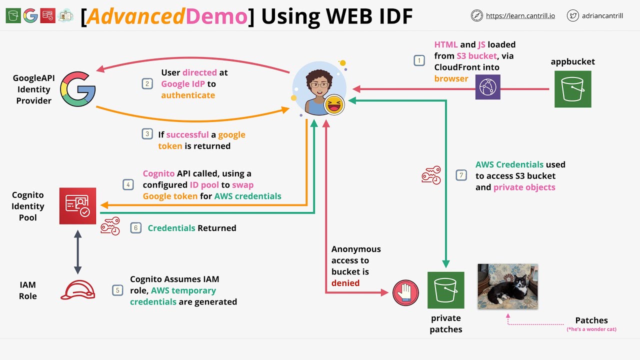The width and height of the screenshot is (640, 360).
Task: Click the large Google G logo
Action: pyautogui.click(x=78, y=89)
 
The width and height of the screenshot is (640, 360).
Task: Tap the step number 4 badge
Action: pyautogui.click(x=128, y=184)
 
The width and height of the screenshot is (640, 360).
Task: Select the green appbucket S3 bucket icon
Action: pyautogui.click(x=572, y=89)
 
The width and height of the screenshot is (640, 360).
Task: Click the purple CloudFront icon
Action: pyautogui.click(x=487, y=86)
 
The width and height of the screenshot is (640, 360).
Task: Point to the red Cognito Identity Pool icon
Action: pyautogui.click(x=77, y=206)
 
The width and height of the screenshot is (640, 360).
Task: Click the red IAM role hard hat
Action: pyautogui.click(x=77, y=290)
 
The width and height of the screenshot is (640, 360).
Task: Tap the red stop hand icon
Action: pyautogui.click(x=405, y=292)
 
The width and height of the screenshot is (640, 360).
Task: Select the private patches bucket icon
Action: pyautogui.click(x=445, y=290)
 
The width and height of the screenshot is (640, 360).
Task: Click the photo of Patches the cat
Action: pyautogui.click(x=507, y=286)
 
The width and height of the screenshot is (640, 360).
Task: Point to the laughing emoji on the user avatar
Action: pyautogui.click(x=334, y=104)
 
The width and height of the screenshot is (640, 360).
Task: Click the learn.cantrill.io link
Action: pyautogui.click(x=520, y=15)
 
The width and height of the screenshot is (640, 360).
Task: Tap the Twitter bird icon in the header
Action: pyautogui.click(x=573, y=15)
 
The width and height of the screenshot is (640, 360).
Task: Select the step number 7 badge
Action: pyautogui.click(x=461, y=175)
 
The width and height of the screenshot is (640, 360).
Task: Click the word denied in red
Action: pyautogui.click(x=345, y=283)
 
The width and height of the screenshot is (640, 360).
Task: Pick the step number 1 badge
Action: pyautogui.click(x=419, y=60)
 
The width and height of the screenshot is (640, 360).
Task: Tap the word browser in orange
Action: pyautogui.click(x=451, y=78)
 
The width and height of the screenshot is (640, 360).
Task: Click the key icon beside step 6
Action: pyautogui.click(x=110, y=226)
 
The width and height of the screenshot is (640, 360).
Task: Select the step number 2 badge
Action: pyautogui.click(x=147, y=83)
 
